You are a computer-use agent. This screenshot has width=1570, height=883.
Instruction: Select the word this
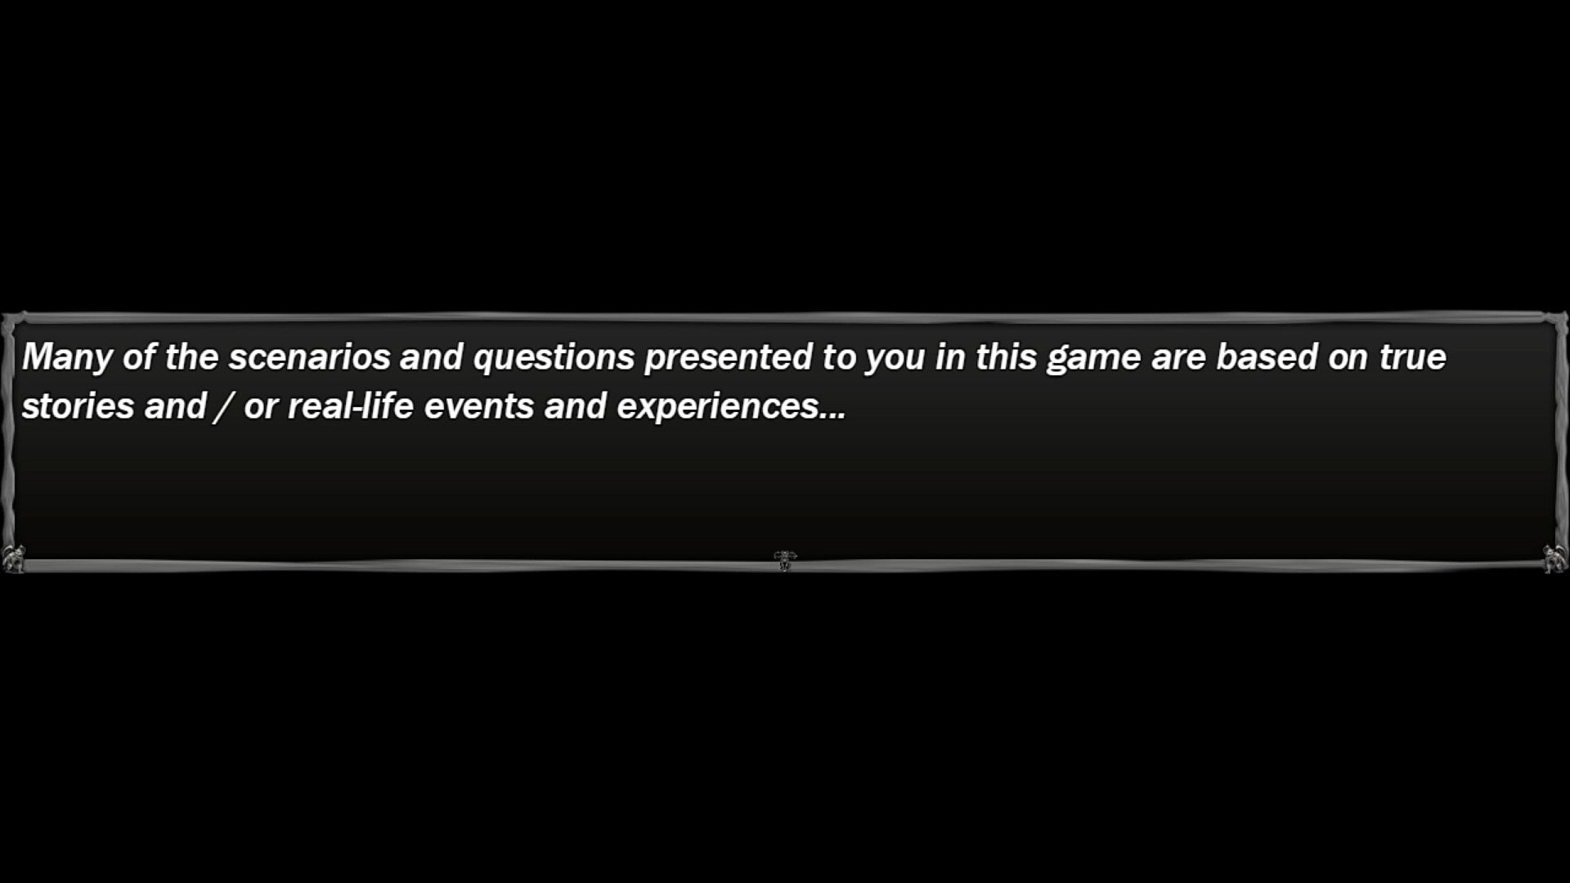(1007, 357)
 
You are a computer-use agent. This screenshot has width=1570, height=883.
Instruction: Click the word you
(895, 361)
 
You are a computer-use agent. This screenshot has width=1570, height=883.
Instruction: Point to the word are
(1178, 361)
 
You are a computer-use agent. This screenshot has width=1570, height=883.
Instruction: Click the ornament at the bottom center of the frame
(785, 561)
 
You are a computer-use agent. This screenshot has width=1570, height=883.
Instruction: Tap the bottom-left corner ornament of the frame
(14, 559)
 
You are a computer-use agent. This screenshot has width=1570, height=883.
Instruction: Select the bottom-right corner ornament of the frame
(1554, 559)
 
